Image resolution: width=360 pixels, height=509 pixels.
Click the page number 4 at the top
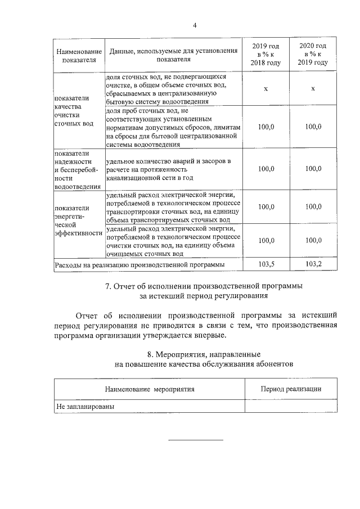195,25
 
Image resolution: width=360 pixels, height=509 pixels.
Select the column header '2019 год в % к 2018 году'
265,54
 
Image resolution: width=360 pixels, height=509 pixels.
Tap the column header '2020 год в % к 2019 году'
313,54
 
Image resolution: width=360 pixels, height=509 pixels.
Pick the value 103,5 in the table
265,263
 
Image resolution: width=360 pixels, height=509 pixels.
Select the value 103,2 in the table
313,263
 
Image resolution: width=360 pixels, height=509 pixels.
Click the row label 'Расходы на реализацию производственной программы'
139,264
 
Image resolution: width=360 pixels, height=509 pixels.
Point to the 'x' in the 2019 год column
265,89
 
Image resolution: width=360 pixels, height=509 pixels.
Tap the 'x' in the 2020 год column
313,89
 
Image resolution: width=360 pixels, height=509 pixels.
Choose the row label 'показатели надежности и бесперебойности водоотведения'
76,170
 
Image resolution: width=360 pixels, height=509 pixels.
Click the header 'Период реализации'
291,389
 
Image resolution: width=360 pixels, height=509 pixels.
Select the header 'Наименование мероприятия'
150,389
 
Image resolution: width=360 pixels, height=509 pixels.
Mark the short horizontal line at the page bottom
196,440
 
